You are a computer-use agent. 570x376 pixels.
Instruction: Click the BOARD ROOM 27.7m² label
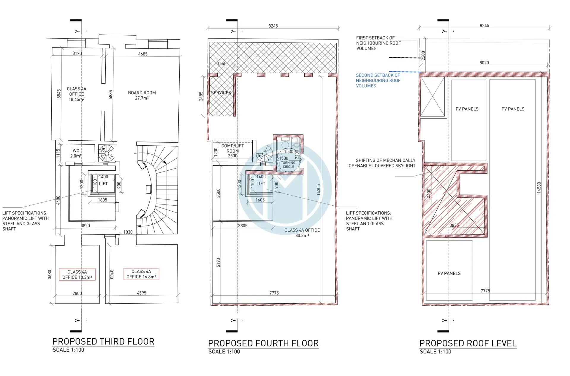point(142,95)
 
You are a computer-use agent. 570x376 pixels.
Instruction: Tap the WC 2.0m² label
point(76,153)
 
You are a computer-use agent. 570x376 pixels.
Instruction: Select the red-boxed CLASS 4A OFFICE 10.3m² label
point(77,275)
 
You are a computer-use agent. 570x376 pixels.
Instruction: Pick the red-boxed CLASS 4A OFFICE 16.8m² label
point(141,274)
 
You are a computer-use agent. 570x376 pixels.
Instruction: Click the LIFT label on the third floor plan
point(103,184)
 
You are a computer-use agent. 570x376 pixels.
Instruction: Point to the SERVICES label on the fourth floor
point(221,93)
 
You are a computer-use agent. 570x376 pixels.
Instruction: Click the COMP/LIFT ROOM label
point(233,151)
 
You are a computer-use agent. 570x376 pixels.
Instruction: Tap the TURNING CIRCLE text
point(288,165)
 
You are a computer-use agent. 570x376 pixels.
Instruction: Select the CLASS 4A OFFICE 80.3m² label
point(302,233)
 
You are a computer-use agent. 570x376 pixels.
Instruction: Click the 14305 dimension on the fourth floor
point(319,190)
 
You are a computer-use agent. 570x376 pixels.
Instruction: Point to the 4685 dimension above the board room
point(143,54)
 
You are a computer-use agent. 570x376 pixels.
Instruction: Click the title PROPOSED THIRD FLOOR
point(103,342)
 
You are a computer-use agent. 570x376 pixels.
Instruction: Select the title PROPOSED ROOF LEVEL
point(468,343)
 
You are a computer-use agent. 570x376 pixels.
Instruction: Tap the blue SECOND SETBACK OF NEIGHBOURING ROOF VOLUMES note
point(378,80)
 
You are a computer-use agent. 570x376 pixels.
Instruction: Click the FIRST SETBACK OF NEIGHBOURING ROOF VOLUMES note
point(379,43)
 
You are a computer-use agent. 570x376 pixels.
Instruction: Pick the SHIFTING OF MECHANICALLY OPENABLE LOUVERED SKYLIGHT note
point(382,163)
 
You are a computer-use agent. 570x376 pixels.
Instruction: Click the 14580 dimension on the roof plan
point(539,188)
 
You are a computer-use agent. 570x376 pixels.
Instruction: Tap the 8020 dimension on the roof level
point(484,63)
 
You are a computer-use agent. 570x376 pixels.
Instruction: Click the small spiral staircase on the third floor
point(106,153)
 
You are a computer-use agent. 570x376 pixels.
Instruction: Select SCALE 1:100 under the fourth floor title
point(224,352)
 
